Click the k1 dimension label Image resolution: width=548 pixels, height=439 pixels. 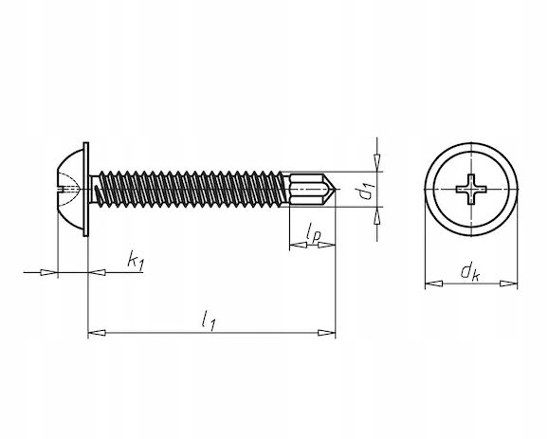(136, 260)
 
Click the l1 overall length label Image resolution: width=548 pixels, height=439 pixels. (209, 320)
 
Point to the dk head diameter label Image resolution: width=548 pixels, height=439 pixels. (470, 271)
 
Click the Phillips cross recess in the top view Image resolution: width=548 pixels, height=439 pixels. (471, 190)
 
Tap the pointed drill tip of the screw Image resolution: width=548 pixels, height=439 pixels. (336, 190)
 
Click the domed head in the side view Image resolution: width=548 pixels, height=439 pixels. (70, 190)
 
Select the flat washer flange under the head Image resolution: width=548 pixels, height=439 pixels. (86, 190)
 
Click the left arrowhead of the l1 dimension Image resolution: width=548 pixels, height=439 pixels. (97, 333)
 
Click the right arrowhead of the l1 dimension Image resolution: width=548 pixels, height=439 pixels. (326, 333)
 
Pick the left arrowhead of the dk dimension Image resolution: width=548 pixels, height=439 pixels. (433, 284)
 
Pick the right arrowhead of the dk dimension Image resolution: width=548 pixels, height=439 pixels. (508, 284)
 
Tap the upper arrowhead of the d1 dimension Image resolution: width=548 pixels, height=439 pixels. (376, 162)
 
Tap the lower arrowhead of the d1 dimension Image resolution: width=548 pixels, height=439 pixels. (376, 215)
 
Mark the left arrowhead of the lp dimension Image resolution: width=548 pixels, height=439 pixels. (298, 245)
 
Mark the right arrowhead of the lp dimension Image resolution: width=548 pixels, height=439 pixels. (326, 245)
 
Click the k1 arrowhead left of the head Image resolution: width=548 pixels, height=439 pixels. (48, 272)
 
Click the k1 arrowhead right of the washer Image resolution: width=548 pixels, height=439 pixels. (97, 272)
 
